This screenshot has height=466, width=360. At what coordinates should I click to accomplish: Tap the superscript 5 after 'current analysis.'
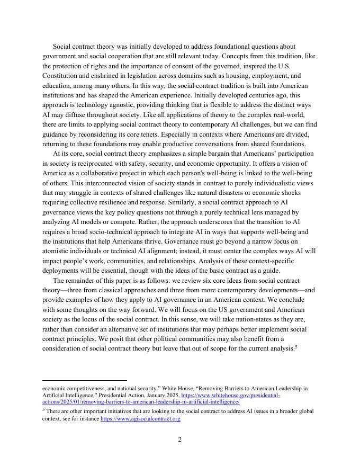click(x=296, y=347)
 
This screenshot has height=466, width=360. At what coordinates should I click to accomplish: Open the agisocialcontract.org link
click(x=140, y=419)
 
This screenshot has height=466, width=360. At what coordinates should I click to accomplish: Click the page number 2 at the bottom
click(x=180, y=440)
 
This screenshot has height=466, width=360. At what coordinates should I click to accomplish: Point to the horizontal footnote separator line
click(x=85, y=380)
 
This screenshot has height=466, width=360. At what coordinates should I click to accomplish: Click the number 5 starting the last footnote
click(x=43, y=410)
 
